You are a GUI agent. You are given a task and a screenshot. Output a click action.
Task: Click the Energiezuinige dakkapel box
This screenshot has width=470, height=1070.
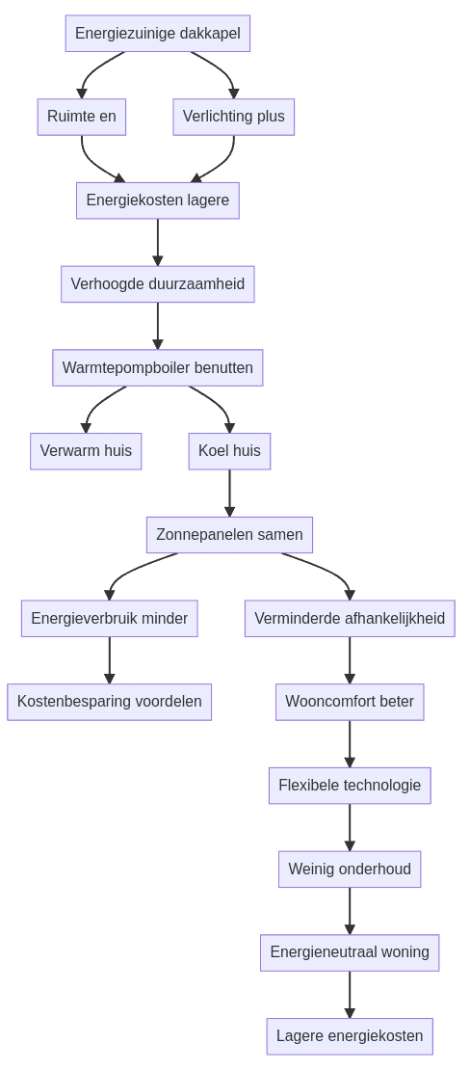tap(158, 34)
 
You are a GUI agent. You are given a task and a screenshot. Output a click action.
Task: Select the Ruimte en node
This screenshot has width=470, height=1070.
tap(82, 117)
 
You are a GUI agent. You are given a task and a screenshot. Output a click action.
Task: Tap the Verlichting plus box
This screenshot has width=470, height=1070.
tap(234, 117)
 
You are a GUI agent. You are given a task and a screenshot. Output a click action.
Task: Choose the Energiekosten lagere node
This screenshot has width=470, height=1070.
tap(158, 201)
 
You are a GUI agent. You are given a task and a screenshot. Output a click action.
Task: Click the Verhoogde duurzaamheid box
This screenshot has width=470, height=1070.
tap(158, 284)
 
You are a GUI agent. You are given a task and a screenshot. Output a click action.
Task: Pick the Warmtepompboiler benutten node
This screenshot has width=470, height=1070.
tap(158, 367)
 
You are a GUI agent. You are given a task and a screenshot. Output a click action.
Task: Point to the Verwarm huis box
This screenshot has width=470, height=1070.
tap(86, 451)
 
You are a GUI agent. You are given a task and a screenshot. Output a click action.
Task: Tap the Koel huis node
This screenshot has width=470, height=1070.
tap(229, 451)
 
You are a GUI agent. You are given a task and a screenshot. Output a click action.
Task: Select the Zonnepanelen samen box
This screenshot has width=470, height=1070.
tap(229, 535)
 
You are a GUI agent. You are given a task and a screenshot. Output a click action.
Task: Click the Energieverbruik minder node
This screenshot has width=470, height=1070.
tap(110, 619)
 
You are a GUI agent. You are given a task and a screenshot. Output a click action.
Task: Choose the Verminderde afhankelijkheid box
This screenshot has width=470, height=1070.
tap(350, 619)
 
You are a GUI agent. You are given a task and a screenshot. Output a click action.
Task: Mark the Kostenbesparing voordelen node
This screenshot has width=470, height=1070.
tap(110, 702)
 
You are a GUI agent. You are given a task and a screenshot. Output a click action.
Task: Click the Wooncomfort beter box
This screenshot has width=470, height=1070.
tap(350, 702)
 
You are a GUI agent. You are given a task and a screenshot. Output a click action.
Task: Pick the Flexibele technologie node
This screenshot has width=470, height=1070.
tap(350, 786)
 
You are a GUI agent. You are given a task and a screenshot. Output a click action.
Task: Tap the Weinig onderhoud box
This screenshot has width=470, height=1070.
tap(350, 869)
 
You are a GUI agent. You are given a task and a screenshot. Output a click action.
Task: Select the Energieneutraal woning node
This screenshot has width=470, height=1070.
tap(350, 952)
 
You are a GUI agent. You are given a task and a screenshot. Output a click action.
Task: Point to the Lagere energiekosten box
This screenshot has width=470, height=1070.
tap(350, 1036)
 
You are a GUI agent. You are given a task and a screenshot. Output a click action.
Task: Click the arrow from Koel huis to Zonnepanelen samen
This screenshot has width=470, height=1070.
tap(229, 493)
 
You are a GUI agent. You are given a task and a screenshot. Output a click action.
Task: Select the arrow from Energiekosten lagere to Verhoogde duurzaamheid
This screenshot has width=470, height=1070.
tap(158, 242)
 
